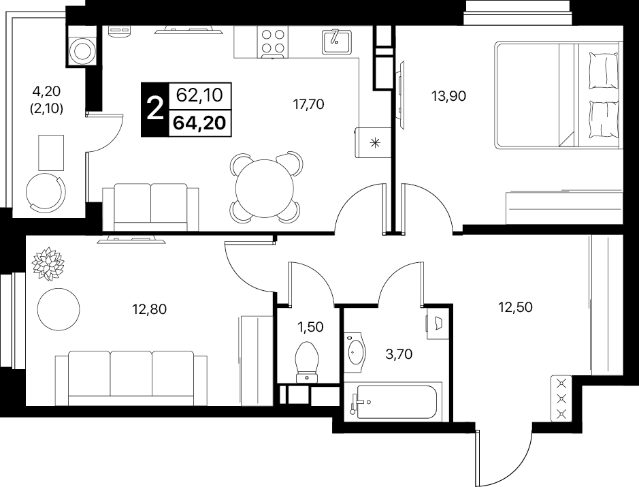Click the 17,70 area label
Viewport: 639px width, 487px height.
click(x=308, y=104)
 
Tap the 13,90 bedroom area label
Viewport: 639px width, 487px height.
click(x=448, y=96)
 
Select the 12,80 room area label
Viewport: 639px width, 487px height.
click(x=149, y=309)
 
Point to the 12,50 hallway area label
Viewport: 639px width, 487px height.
click(x=516, y=307)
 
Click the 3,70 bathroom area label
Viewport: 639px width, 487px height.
click(x=399, y=354)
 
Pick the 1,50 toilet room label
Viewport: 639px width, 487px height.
click(x=310, y=327)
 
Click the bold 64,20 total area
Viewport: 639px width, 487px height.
click(x=199, y=123)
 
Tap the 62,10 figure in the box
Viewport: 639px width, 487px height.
click(x=199, y=95)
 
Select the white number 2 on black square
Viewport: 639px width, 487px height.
click(x=154, y=109)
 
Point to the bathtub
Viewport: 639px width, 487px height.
click(x=393, y=402)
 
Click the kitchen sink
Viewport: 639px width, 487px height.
click(x=336, y=41)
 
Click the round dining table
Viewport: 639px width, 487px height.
click(x=265, y=189)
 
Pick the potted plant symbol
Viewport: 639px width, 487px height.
click(x=48, y=264)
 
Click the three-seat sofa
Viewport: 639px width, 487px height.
click(x=131, y=378)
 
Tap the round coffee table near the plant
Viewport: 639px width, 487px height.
click(x=59, y=309)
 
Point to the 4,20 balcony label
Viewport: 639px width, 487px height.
click(x=46, y=91)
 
